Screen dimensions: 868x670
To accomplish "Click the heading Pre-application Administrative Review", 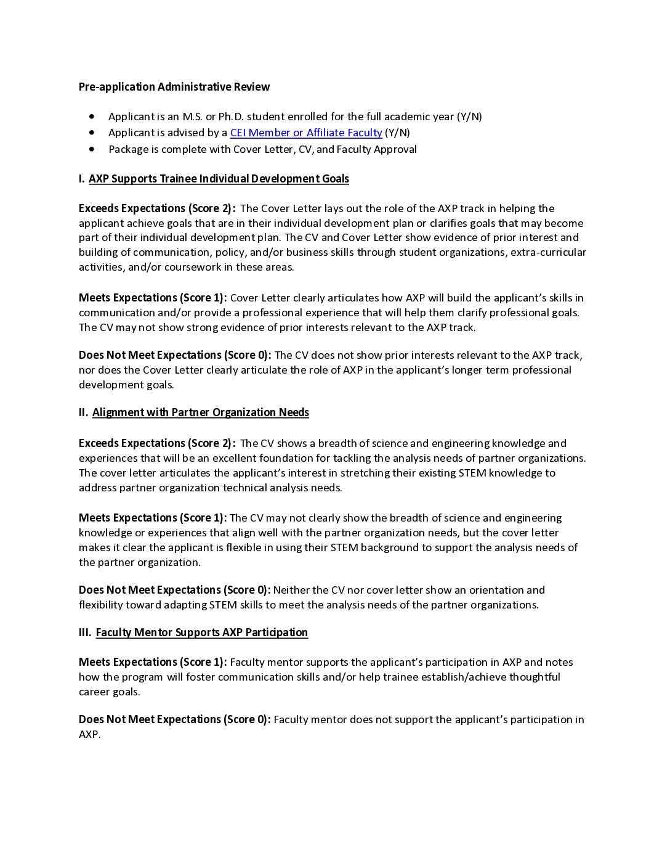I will (174, 87).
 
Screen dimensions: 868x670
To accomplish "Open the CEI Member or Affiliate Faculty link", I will (305, 133).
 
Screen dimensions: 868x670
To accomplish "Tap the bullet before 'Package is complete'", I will (92, 149).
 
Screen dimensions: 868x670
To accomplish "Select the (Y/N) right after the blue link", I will (397, 133).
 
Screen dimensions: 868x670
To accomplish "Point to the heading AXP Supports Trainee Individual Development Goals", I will (219, 179).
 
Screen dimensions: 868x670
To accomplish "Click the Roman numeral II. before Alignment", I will (83, 412).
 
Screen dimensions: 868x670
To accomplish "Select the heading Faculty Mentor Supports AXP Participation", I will (201, 633).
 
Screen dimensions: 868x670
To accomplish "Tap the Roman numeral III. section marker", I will (85, 633).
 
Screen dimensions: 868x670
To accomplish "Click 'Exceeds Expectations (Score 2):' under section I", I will (157, 208).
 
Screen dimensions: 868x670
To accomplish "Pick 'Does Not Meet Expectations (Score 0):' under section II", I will (174, 590).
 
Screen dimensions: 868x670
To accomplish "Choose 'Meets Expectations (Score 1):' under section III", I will (153, 662).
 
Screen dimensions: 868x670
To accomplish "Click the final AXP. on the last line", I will (89, 734).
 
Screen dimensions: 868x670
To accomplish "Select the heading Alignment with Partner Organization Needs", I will (200, 412).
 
